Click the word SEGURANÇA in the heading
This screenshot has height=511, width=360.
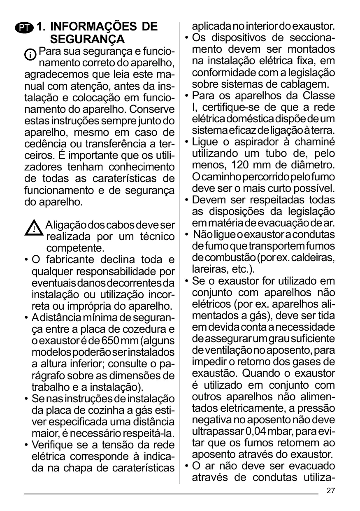87,40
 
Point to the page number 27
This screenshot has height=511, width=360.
331,490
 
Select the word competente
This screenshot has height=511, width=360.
74,249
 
